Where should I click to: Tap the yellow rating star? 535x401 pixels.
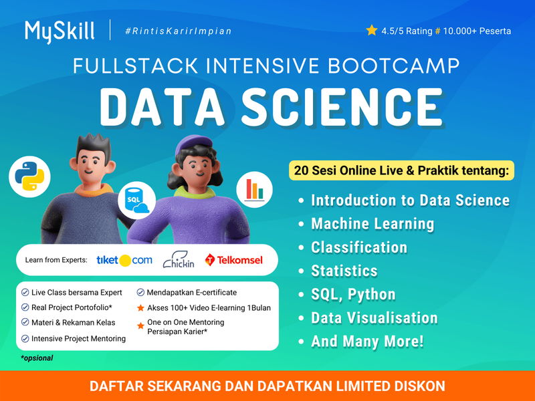[x=372, y=30]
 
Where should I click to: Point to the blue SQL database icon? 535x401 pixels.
[x=136, y=200]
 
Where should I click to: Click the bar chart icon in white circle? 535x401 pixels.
[x=254, y=189]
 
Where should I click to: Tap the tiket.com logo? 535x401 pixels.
[x=124, y=260]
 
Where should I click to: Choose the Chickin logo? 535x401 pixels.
[x=179, y=260]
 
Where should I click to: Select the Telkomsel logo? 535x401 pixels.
[x=234, y=260]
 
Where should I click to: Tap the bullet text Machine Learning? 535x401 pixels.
[x=372, y=224]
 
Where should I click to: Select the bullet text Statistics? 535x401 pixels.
[x=344, y=271]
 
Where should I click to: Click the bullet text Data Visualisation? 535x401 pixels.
[x=374, y=318]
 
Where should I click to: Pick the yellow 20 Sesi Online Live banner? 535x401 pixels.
[x=401, y=170]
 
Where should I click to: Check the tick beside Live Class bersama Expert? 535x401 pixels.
[x=25, y=293]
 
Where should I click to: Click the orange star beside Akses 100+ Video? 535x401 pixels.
[x=140, y=308]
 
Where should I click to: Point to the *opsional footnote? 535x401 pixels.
[x=37, y=358]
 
